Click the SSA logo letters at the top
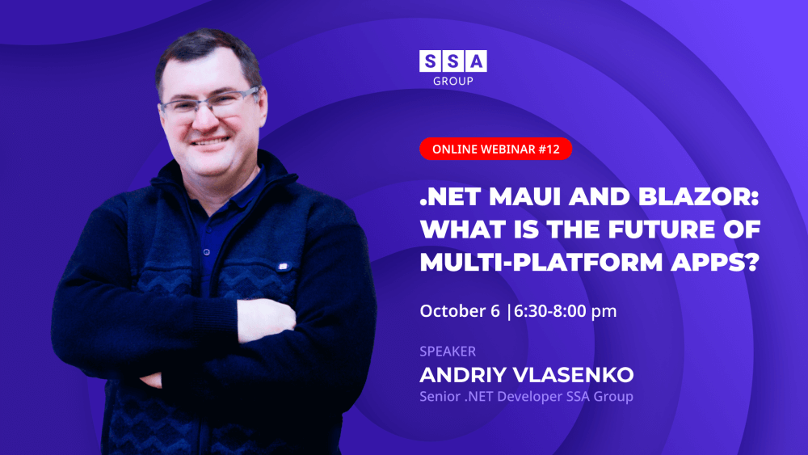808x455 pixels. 453,61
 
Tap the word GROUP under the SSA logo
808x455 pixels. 453,81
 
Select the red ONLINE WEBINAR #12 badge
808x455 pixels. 496,149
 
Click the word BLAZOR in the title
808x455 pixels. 699,196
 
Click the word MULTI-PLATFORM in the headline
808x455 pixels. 541,262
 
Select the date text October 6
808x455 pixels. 460,310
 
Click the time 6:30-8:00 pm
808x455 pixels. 566,311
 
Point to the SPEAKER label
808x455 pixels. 448,352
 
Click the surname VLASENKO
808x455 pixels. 574,375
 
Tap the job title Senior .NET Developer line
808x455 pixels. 526,396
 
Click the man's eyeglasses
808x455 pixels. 211,103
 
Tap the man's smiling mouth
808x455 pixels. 210,141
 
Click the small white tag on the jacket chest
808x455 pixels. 282,267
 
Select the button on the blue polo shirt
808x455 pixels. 207,252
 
